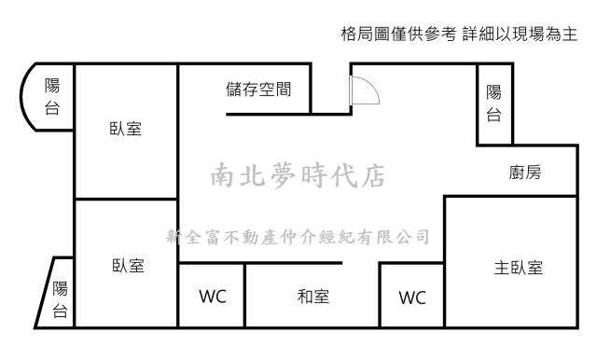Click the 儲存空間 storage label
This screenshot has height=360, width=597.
258,90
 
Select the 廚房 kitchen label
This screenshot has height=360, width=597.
526,173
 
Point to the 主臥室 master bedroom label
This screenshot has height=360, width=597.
518,268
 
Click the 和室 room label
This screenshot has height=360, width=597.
312,297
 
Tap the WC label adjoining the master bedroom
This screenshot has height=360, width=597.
411,298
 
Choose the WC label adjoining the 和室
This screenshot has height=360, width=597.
212,297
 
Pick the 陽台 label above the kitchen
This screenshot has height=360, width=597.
493,104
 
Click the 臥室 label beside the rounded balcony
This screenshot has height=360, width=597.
126,129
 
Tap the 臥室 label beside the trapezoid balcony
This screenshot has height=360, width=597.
126,266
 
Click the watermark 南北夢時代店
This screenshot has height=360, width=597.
298,174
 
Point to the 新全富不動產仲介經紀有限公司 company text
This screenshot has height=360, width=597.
297,236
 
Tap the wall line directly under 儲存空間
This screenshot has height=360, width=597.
269,113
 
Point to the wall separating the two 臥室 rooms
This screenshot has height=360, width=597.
126,200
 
